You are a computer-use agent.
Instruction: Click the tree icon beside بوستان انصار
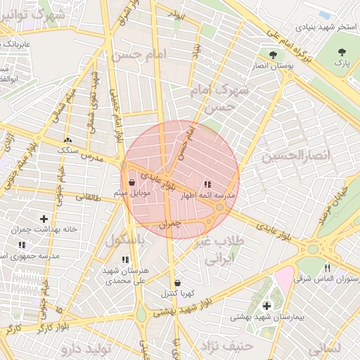[272, 53]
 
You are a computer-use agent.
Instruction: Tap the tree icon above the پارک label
[342, 52]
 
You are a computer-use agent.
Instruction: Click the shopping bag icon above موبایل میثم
[132, 182]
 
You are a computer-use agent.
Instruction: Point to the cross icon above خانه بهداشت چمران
[44, 219]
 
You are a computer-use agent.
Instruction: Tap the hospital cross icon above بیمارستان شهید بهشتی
[266, 306]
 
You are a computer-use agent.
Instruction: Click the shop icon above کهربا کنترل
[176, 283]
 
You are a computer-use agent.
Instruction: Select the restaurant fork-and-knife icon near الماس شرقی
[327, 268]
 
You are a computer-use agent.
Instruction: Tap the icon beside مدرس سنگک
[67, 140]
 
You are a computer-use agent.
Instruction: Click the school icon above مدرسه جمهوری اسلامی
[22, 245]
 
